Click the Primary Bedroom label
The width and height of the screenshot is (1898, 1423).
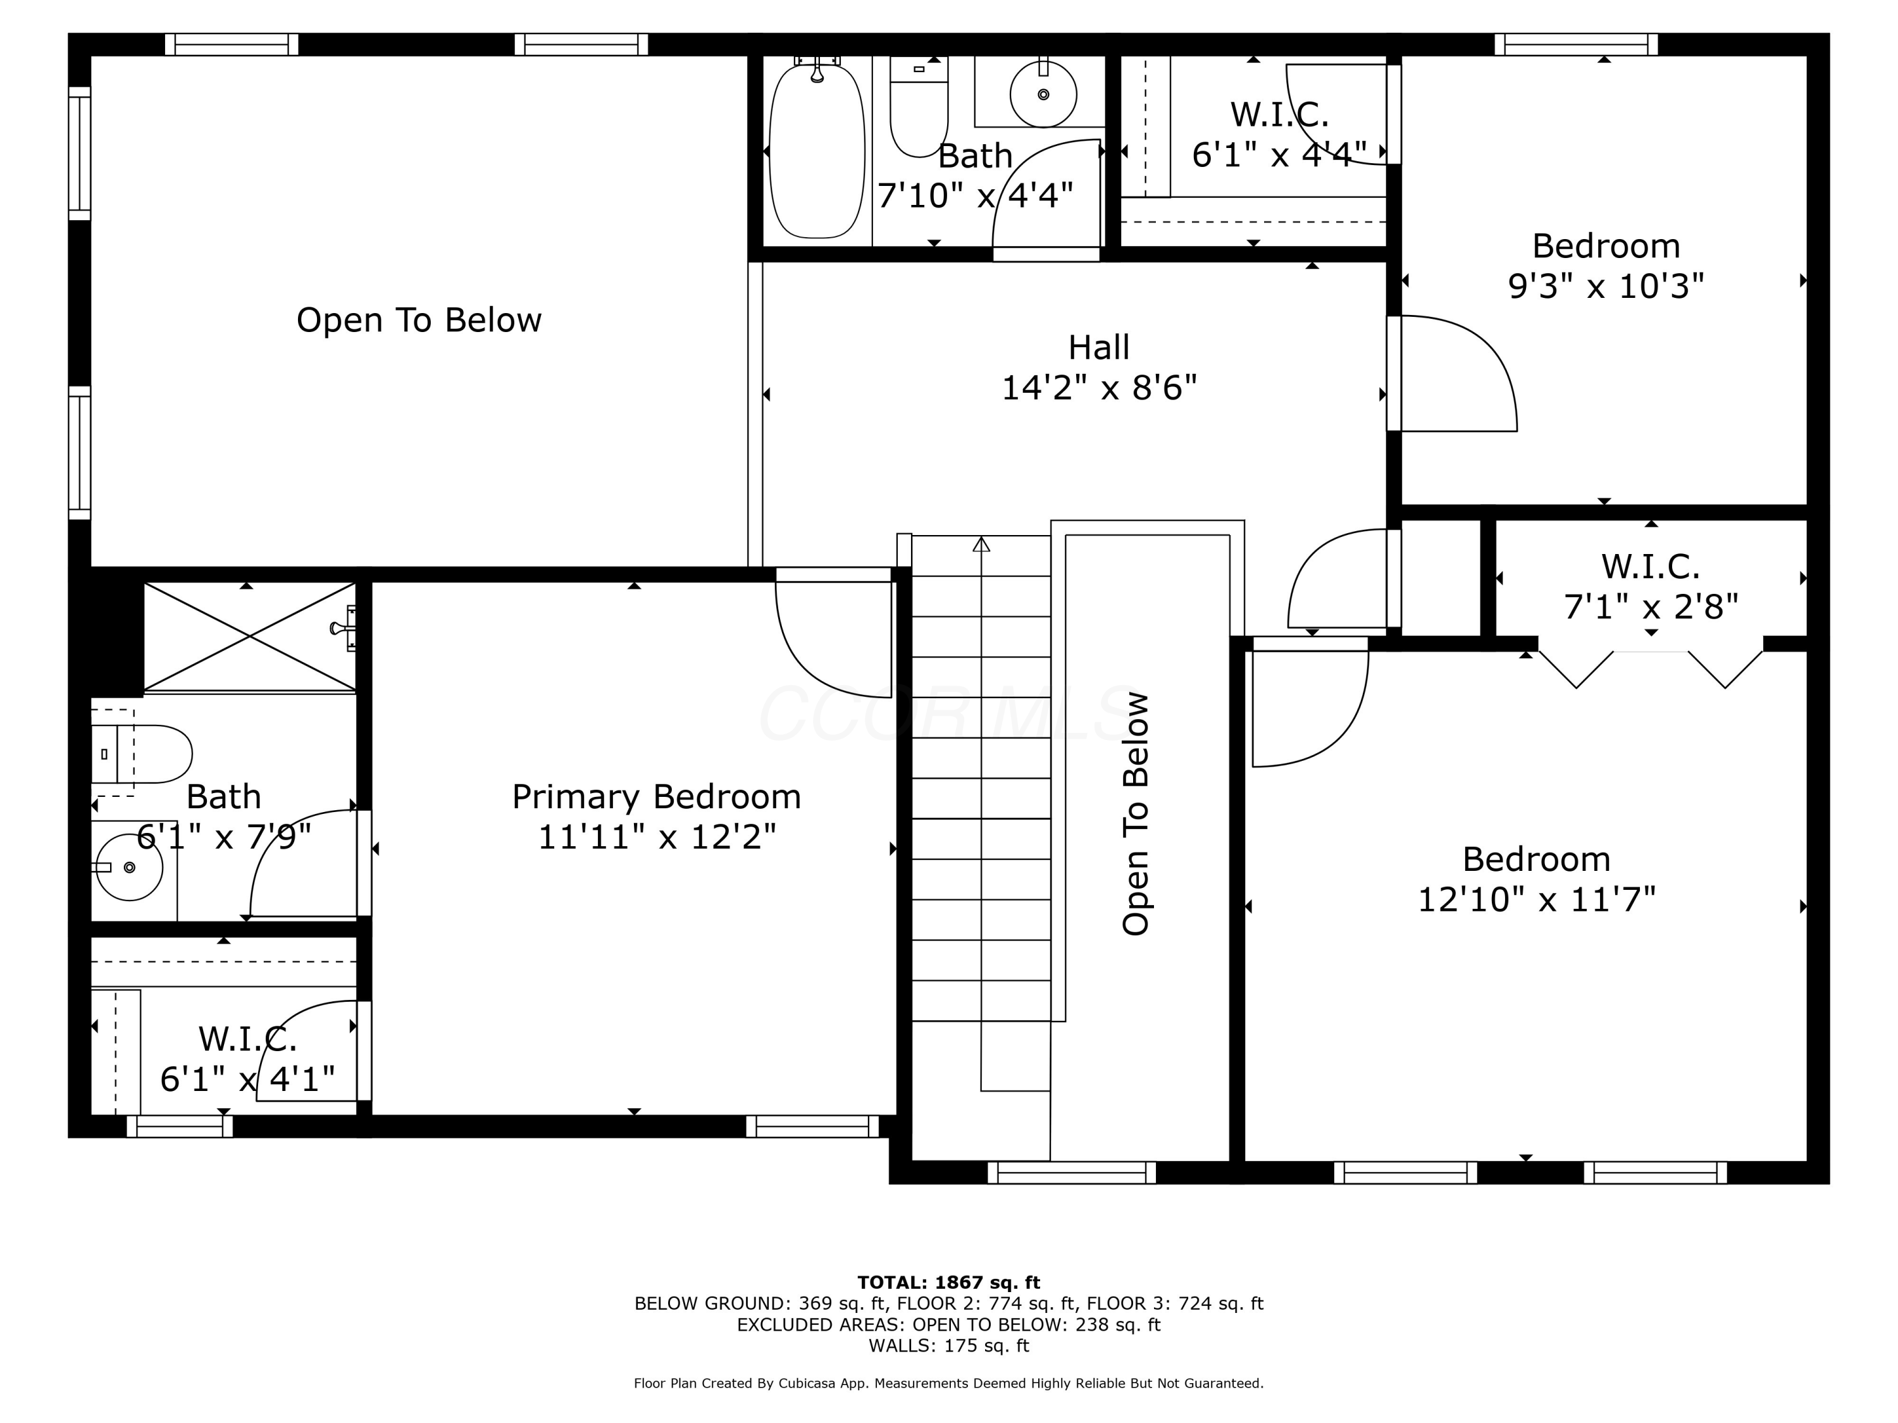tap(657, 797)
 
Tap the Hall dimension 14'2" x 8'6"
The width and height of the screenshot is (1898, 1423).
tap(1099, 388)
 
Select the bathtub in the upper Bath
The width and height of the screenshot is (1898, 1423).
tap(817, 150)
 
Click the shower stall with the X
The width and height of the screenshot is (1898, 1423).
tap(250, 636)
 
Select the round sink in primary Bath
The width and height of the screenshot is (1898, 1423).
tap(130, 867)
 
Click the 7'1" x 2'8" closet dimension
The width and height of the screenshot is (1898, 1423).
tap(1651, 607)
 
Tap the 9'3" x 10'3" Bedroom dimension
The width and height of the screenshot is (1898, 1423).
tap(1606, 286)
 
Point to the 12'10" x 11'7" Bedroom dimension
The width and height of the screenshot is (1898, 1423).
tap(1536, 900)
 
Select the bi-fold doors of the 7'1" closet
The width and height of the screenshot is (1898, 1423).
tap(1651, 669)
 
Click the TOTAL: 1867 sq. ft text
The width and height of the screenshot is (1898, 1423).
tap(949, 1283)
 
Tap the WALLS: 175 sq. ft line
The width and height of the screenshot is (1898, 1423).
tap(949, 1345)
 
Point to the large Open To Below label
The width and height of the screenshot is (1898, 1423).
tap(419, 320)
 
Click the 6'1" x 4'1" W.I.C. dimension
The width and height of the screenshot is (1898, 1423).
tap(247, 1079)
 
